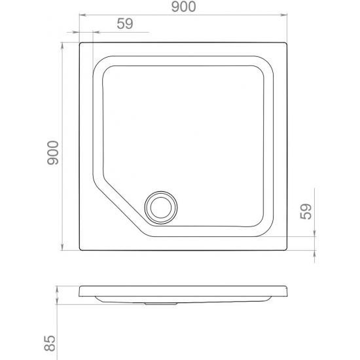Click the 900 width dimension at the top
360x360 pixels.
[x=184, y=7]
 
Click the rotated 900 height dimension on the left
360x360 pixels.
[x=53, y=153]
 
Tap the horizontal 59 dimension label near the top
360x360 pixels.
[x=125, y=24]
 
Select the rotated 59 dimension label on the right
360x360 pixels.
[x=306, y=211]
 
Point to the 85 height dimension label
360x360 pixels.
[x=50, y=344]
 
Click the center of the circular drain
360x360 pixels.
[x=161, y=207]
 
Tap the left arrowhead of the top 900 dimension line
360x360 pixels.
[x=82, y=15]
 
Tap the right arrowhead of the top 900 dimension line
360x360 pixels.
[x=284, y=15]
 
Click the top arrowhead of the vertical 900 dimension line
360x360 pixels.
[x=62, y=46]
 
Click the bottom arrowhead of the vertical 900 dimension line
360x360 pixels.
[x=62, y=247]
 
